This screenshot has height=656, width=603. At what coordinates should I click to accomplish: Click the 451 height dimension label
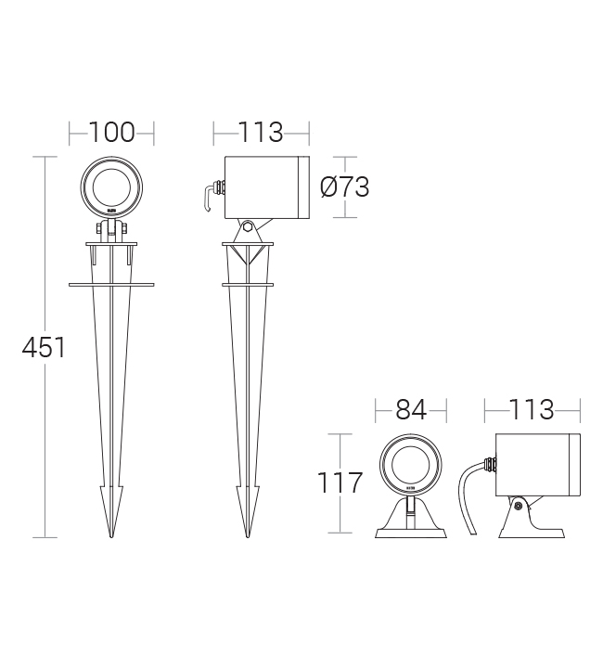(44, 347)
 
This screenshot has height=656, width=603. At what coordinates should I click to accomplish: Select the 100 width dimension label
(111, 133)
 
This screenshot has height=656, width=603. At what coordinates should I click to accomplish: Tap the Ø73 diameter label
(344, 187)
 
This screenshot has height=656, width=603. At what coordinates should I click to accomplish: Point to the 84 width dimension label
(411, 409)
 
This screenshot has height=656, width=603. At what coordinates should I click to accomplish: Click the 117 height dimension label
(340, 482)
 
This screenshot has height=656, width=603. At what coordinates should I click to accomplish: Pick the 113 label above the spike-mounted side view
(261, 133)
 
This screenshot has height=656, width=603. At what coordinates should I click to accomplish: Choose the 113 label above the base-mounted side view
(532, 409)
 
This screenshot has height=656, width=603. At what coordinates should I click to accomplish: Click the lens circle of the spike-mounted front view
(93, 187)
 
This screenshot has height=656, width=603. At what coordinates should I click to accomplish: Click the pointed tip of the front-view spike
(111, 537)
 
